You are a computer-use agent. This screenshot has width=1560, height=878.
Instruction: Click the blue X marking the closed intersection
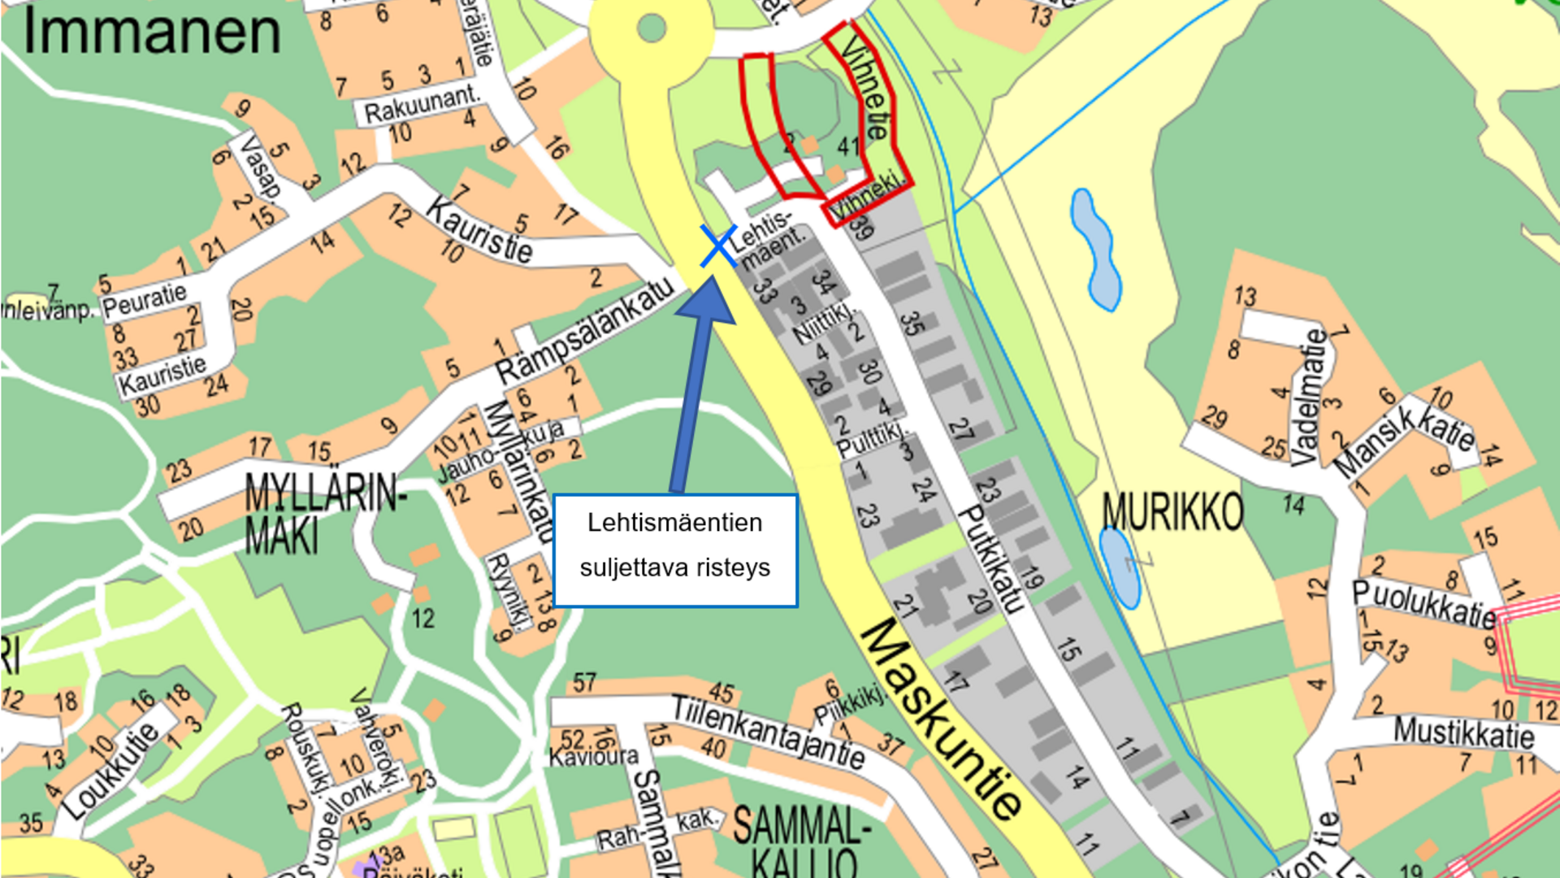tap(718, 246)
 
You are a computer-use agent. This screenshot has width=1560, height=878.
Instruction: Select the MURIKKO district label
tap(1172, 512)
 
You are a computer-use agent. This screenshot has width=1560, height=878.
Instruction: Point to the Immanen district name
tap(152, 33)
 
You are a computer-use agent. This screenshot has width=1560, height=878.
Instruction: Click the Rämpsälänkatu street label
tap(585, 331)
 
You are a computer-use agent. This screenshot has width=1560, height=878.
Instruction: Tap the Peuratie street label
tap(144, 301)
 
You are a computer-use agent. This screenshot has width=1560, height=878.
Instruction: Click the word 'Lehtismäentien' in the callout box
tap(674, 523)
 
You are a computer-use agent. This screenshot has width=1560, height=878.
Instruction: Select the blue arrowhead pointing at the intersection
tap(706, 302)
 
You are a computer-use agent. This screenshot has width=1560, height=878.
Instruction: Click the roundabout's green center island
tap(652, 28)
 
